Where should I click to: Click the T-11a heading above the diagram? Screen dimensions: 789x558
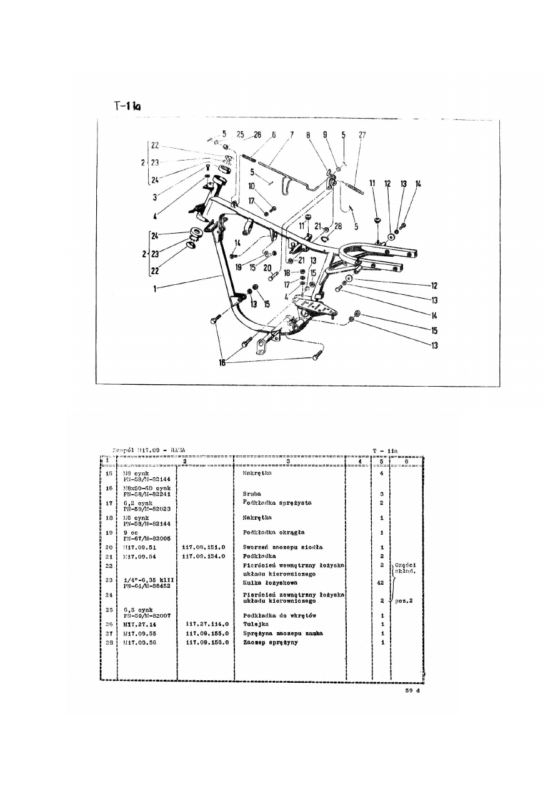(x=127, y=106)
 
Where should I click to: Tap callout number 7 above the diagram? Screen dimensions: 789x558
(x=291, y=135)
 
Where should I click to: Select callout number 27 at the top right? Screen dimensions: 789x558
(x=362, y=135)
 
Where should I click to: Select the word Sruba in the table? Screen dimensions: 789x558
(x=252, y=494)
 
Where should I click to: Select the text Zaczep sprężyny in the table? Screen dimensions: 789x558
(x=271, y=642)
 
